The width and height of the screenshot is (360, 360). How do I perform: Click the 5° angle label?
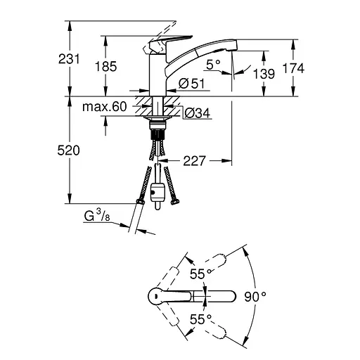click(214, 63)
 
